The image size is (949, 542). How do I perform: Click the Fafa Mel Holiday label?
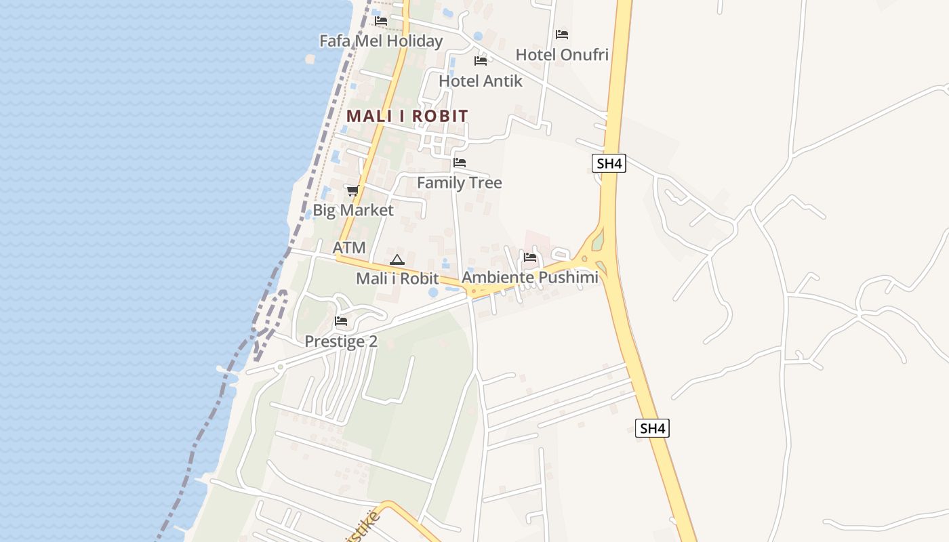point(381,41)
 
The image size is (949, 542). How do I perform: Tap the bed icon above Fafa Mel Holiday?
point(381,21)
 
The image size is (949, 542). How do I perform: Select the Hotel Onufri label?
point(562,55)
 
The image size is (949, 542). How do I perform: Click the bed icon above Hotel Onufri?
point(562,34)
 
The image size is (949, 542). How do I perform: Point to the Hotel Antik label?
point(481,81)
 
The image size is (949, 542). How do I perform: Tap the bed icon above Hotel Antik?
point(481,61)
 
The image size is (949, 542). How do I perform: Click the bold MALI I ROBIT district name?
point(407,116)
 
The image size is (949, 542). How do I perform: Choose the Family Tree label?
point(460,183)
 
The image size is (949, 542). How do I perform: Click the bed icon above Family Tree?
point(460,163)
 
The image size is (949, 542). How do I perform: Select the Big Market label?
point(352,211)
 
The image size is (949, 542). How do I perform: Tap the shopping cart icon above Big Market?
point(352,191)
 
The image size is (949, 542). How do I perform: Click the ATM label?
point(349,248)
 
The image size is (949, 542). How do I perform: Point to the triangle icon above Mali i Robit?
point(397,259)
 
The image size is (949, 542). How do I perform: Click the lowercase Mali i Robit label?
point(397,278)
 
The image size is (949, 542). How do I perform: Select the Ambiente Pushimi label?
point(530,278)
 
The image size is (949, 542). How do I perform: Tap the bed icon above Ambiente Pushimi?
point(530,257)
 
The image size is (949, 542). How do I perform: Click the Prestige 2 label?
point(341,341)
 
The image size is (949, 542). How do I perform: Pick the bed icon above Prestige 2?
point(341,321)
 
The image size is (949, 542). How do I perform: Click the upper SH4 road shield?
point(609,163)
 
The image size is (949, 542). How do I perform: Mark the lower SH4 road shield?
point(652,428)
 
